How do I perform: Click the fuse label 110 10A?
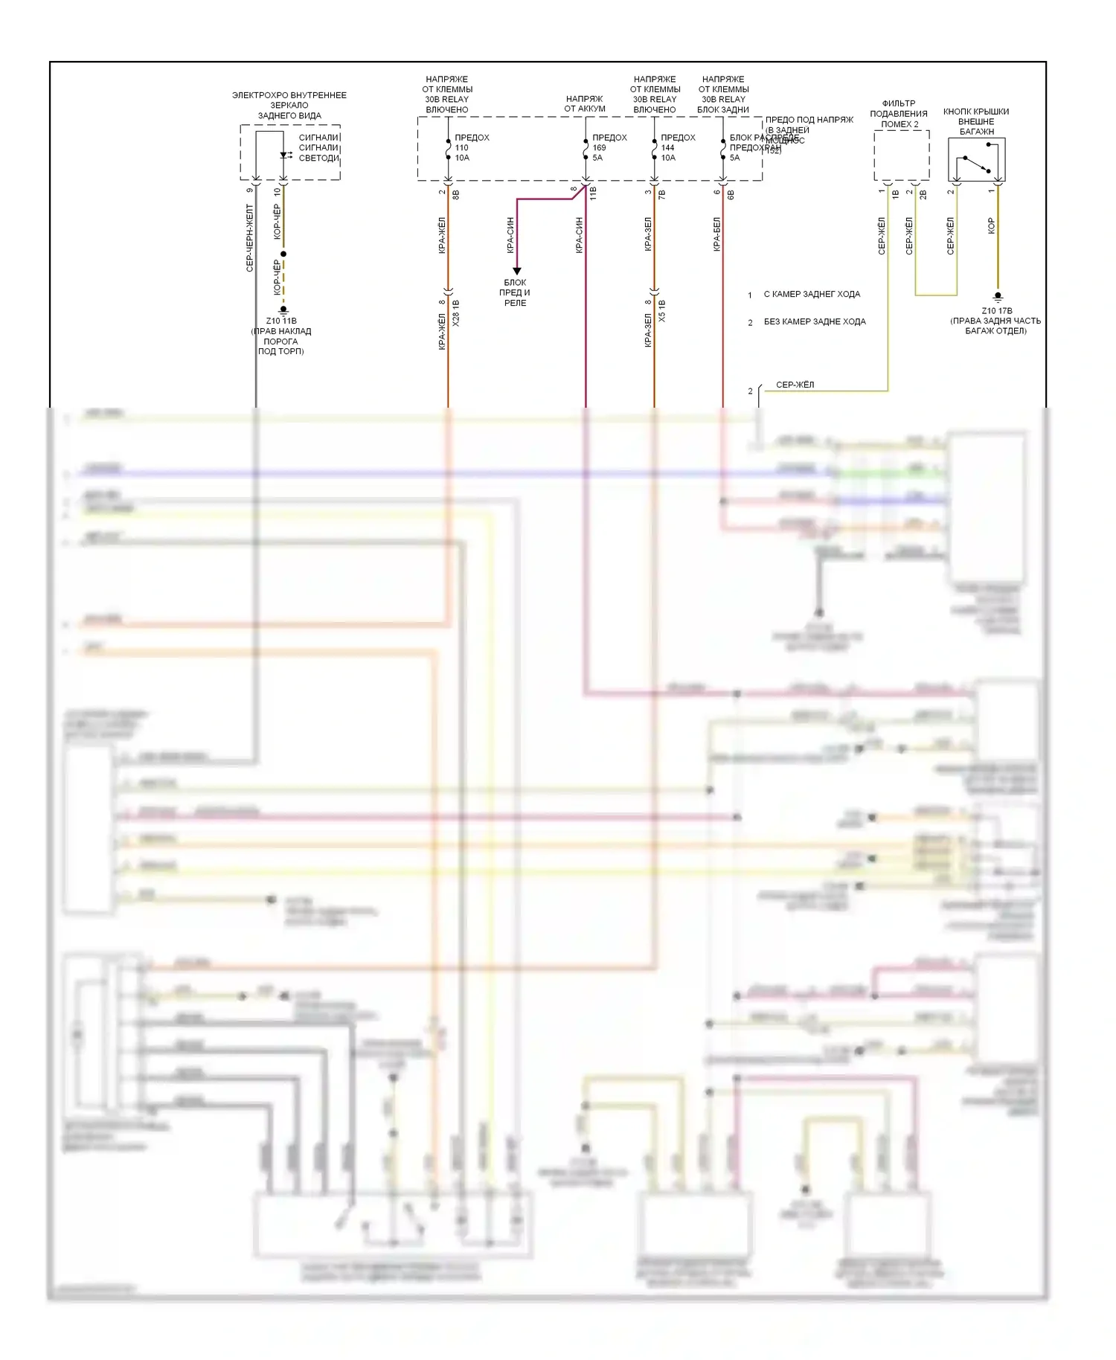tap(462, 153)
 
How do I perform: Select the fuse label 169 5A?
tap(599, 153)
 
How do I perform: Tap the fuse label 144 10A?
tap(668, 153)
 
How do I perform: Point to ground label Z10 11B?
tap(281, 321)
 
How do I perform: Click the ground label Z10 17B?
tap(996, 311)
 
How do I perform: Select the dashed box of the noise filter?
tap(901, 155)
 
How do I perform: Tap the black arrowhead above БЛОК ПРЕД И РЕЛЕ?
tap(516, 271)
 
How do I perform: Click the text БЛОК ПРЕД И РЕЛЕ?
tap(515, 292)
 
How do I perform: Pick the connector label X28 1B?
tap(456, 313)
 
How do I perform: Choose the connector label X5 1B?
tap(662, 311)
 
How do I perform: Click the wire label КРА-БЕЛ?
tap(717, 234)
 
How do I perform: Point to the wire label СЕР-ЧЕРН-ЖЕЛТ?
tap(250, 238)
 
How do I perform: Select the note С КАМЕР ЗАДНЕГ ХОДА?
tap(812, 295)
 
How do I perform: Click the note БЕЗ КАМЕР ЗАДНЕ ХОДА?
tap(815, 322)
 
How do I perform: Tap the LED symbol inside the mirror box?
tap(285, 155)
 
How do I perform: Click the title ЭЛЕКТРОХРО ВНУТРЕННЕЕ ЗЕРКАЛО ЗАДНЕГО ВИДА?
tap(289, 106)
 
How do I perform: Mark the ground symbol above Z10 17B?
tap(998, 297)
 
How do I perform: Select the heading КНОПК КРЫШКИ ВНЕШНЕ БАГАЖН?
tap(976, 121)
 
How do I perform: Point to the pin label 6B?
tap(731, 194)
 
